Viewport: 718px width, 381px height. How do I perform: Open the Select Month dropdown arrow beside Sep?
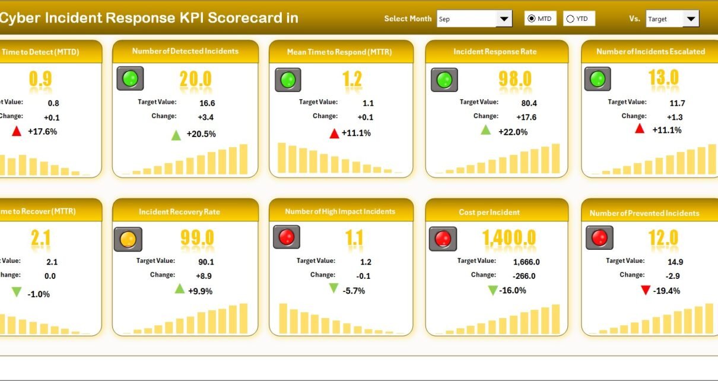pyautogui.click(x=504, y=19)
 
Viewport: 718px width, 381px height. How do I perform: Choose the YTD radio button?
pyautogui.click(x=571, y=19)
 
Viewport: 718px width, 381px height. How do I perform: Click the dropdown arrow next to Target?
pyautogui.click(x=691, y=19)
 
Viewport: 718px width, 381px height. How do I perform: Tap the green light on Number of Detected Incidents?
pyautogui.click(x=131, y=79)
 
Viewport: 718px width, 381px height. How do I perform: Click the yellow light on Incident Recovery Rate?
pyautogui.click(x=128, y=239)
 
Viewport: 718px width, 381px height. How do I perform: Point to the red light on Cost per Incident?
pyautogui.click(x=443, y=239)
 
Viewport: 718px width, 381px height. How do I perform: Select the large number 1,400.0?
pyautogui.click(x=509, y=238)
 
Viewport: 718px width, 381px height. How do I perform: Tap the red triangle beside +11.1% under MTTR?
pyautogui.click(x=335, y=134)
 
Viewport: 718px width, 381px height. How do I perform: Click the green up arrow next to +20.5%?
pyautogui.click(x=176, y=135)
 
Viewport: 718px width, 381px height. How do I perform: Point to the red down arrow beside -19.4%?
pyautogui.click(x=646, y=290)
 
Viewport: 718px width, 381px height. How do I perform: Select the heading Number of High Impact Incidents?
pyautogui.click(x=340, y=212)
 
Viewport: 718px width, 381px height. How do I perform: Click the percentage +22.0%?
pyautogui.click(x=513, y=132)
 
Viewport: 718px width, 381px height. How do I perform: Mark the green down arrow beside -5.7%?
pyautogui.click(x=333, y=288)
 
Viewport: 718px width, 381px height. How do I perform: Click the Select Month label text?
pyautogui.click(x=408, y=19)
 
